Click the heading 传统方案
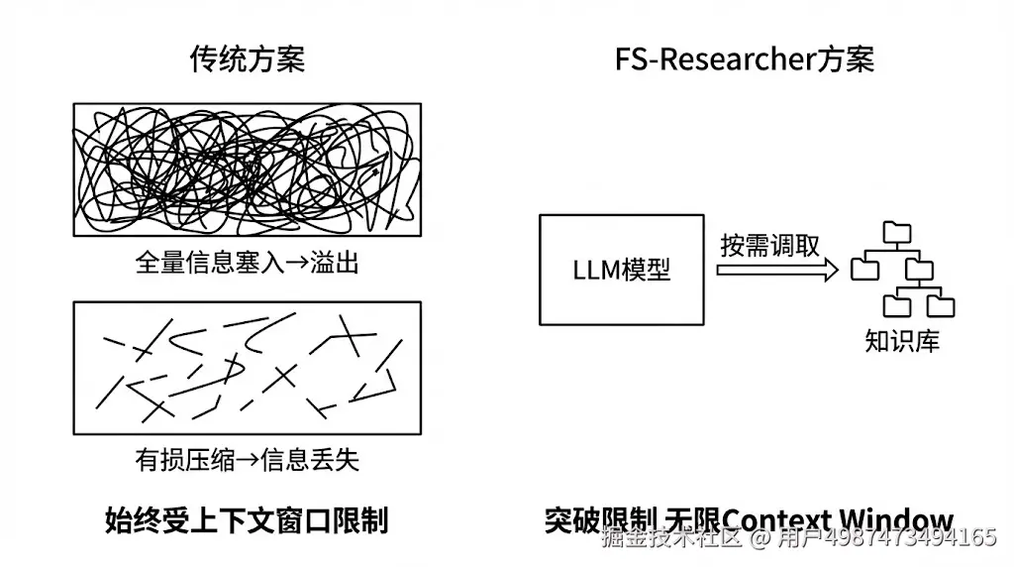point(247,59)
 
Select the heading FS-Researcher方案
point(744,59)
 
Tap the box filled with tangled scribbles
point(247,170)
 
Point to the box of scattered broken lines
point(247,368)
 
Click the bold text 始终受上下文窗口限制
point(246,520)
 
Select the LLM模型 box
point(621,269)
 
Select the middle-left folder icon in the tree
point(864,268)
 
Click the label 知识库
point(901,342)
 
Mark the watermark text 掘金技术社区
point(672,539)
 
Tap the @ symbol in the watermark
point(760,539)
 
